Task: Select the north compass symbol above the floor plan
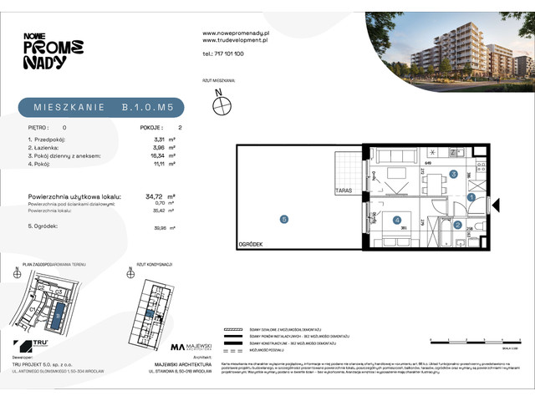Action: (221, 106)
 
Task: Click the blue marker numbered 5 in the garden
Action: (284, 220)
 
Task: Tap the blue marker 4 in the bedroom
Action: (396, 221)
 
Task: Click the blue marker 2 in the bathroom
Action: (457, 224)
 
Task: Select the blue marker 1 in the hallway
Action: (471, 198)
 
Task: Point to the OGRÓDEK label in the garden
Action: (250, 244)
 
